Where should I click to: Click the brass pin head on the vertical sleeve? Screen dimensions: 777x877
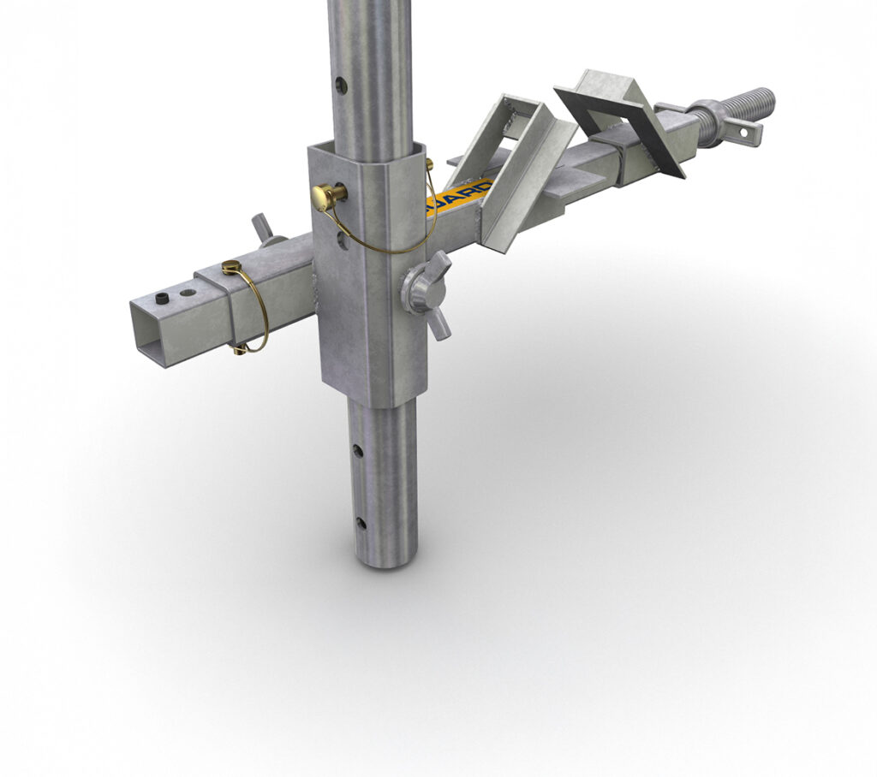click(x=325, y=196)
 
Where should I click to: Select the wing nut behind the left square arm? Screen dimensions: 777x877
click(x=265, y=229)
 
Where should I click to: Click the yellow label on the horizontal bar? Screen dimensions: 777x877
click(x=458, y=197)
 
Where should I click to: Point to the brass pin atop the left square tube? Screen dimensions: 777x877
click(x=230, y=268)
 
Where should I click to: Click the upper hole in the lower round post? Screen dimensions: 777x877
click(x=358, y=448)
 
